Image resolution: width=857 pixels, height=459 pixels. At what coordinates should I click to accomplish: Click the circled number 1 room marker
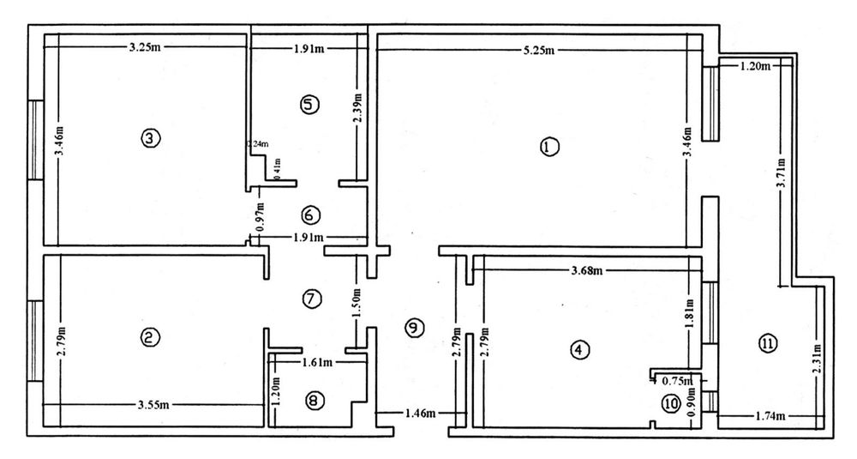[549, 147]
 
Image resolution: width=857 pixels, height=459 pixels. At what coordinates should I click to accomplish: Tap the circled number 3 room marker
[150, 137]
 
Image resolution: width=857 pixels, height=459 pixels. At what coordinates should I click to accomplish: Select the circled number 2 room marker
[150, 338]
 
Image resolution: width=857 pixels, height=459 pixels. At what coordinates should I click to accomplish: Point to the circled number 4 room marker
[580, 349]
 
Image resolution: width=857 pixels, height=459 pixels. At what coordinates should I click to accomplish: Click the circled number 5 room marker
[309, 104]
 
